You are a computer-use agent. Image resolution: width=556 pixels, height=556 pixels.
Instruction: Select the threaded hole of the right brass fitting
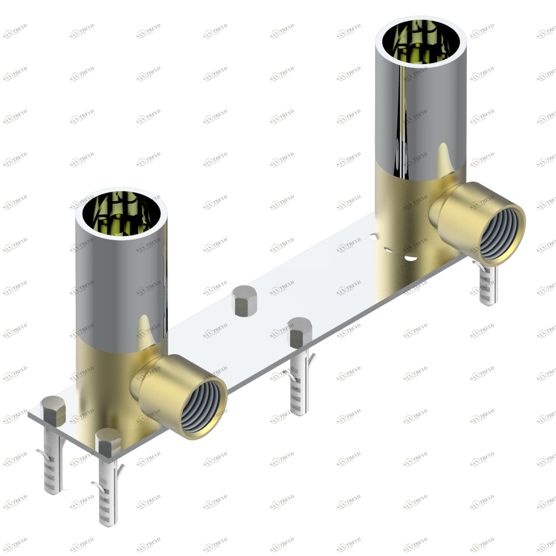click(x=500, y=234)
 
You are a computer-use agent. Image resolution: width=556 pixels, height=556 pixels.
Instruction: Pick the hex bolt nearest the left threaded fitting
click(x=108, y=442)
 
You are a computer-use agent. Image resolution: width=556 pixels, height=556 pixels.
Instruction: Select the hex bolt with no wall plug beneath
click(x=242, y=300)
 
